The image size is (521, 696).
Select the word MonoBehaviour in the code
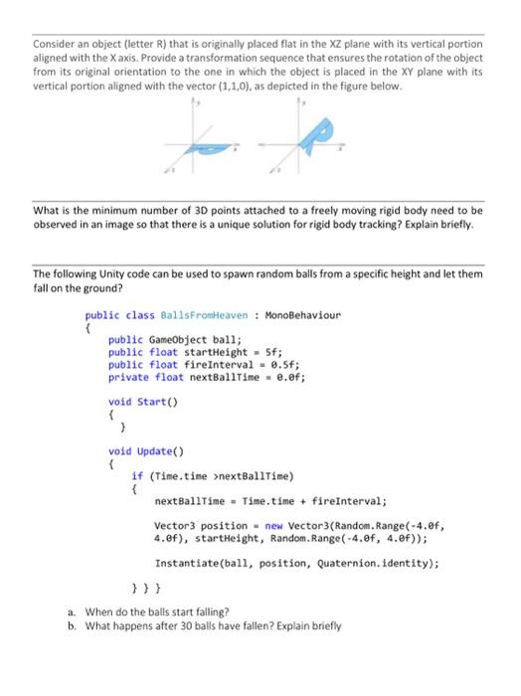tap(301, 315)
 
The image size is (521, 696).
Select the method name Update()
tap(159, 451)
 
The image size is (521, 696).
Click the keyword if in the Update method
tap(136, 476)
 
